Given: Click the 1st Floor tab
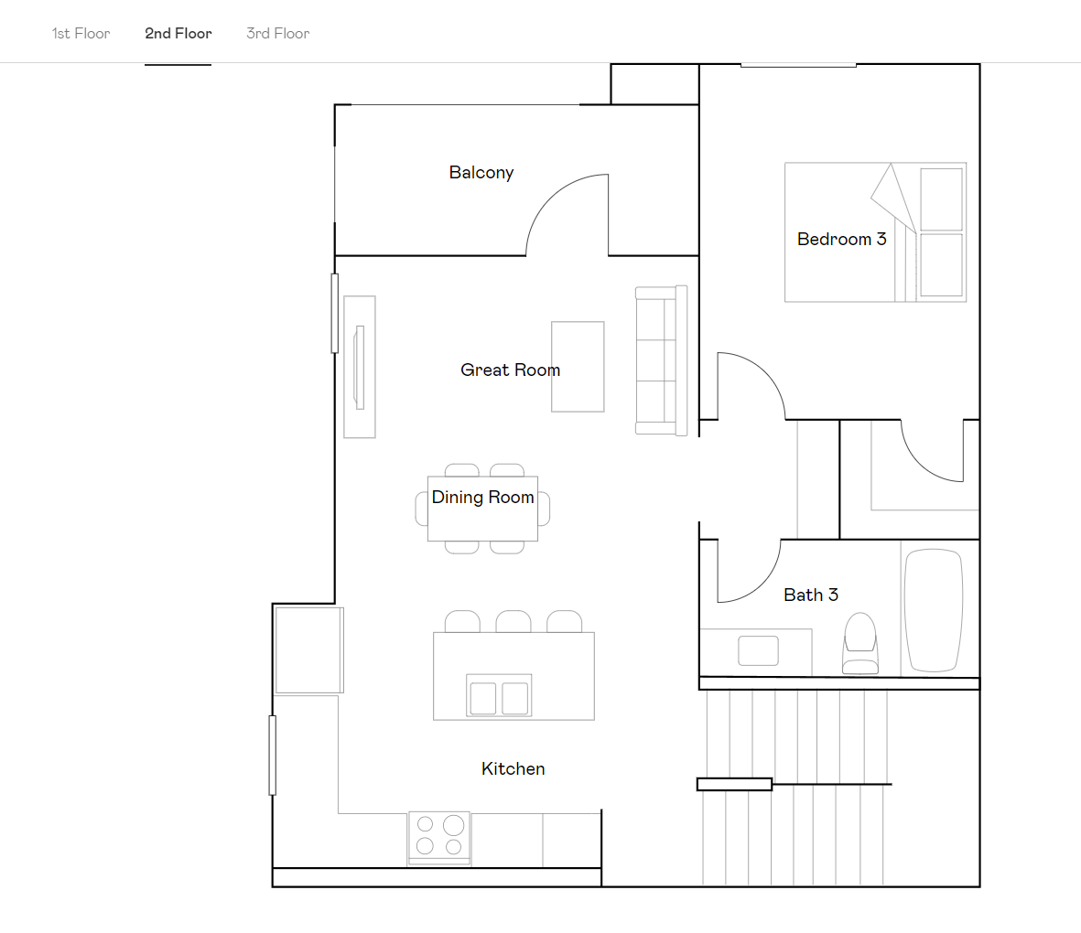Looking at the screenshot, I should tap(81, 34).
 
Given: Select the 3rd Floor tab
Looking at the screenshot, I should tap(278, 34).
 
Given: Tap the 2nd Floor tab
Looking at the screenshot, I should tap(178, 34).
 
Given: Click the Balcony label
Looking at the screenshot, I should tap(481, 173).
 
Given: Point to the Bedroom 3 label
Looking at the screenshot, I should tap(841, 240).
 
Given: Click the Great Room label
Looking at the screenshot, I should tap(510, 370).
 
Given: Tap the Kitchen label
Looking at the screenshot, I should tap(513, 769).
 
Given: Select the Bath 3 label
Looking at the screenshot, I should tap(811, 595).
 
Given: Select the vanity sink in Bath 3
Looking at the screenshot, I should tap(758, 650).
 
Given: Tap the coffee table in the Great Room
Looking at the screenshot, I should tap(578, 366).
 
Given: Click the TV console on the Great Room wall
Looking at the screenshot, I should tap(360, 367).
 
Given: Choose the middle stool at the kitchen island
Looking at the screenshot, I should tap(513, 622).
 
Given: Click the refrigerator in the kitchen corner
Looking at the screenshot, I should tap(309, 650).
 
